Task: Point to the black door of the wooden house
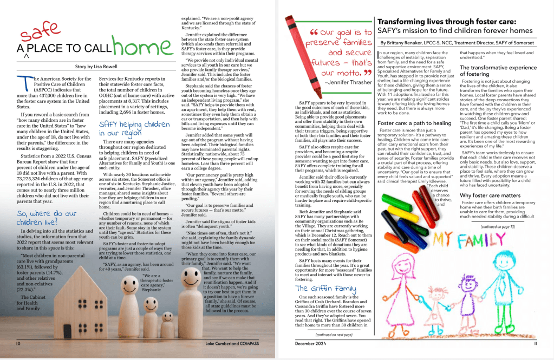(67, 330)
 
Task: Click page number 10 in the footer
(18, 343)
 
